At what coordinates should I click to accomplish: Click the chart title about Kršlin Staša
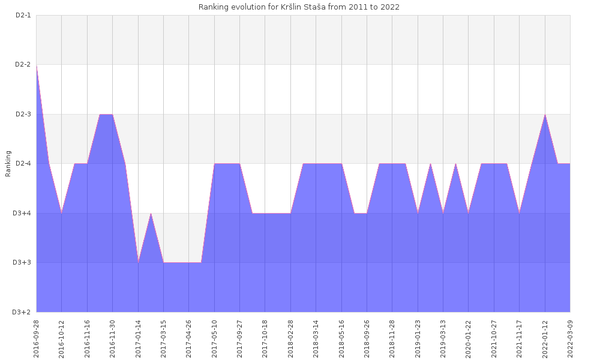pyautogui.click(x=299, y=7)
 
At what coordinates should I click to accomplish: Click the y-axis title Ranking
pyautogui.click(x=8, y=164)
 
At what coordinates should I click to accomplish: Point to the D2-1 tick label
pyautogui.click(x=22, y=15)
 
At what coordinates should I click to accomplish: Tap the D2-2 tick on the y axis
pyautogui.click(x=22, y=64)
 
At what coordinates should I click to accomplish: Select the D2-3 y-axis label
pyautogui.click(x=22, y=114)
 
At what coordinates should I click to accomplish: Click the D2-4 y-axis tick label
pyautogui.click(x=22, y=163)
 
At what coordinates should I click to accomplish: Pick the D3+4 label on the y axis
pyautogui.click(x=22, y=213)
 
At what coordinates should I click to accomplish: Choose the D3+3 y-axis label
pyautogui.click(x=22, y=262)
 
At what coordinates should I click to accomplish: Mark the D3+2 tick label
pyautogui.click(x=22, y=312)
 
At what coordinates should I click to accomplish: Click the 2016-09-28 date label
pyautogui.click(x=37, y=338)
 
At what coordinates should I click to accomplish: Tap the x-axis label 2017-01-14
pyautogui.click(x=138, y=338)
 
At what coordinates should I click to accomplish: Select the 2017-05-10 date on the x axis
pyautogui.click(x=214, y=338)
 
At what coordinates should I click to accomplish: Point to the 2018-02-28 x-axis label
pyautogui.click(x=290, y=338)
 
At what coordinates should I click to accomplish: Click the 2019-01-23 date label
pyautogui.click(x=418, y=338)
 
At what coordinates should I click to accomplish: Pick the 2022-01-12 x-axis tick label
pyautogui.click(x=545, y=338)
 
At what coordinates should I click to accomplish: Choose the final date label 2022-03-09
pyautogui.click(x=570, y=338)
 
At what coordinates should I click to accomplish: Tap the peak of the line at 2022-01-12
pyautogui.click(x=545, y=114)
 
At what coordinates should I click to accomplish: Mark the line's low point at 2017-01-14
pyautogui.click(x=138, y=262)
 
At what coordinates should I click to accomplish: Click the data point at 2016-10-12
pyautogui.click(x=62, y=213)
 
